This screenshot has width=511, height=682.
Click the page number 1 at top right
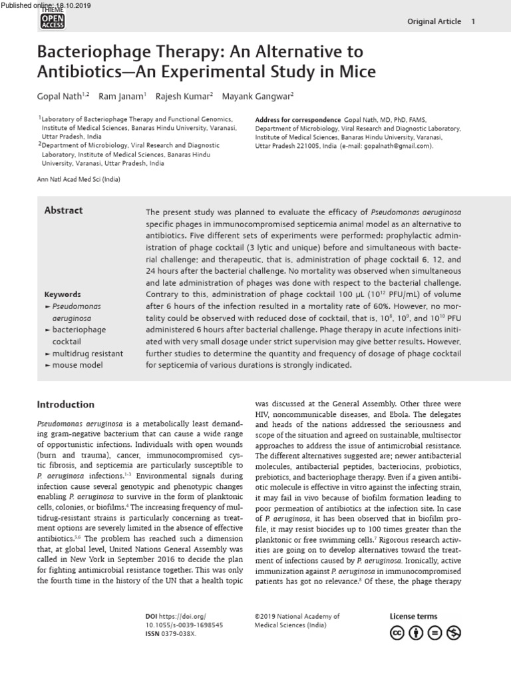[472, 21]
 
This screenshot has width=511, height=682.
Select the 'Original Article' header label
[434, 21]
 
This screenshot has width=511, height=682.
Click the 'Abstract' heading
[63, 210]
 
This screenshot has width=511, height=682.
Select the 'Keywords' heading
[63, 294]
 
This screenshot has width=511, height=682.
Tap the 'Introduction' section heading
[65, 404]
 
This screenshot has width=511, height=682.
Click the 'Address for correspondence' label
[297, 120]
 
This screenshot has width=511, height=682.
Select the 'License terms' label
[413, 617]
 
